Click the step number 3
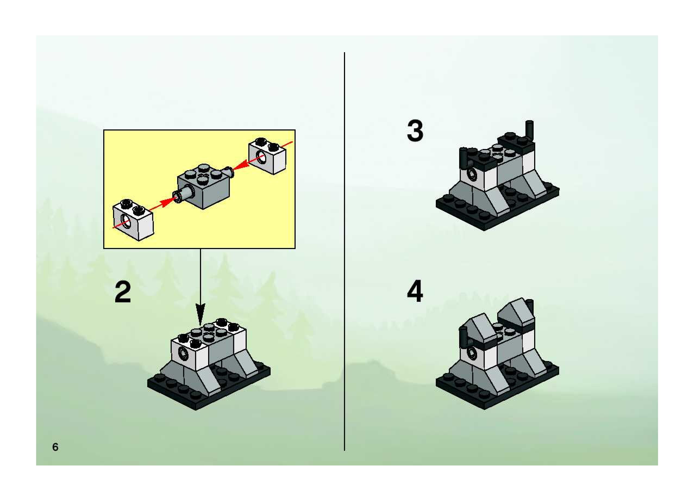pos(415,131)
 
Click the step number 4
pos(415,290)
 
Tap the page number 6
pos(55,447)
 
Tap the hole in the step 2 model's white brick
pos(184,355)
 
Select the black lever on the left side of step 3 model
pos(463,158)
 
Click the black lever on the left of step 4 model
pos(464,337)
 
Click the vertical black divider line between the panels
pos(345,251)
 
